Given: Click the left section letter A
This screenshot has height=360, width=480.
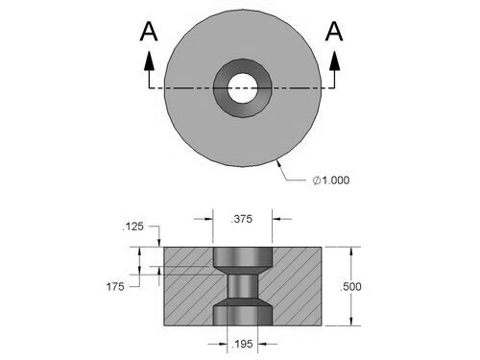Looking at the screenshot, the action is [149, 32].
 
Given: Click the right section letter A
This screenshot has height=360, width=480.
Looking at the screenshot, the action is [334, 32].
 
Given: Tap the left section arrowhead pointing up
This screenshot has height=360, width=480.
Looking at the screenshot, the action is [149, 60].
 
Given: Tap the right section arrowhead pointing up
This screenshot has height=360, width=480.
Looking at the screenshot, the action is [335, 60].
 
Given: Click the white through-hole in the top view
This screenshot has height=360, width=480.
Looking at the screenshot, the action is [243, 88].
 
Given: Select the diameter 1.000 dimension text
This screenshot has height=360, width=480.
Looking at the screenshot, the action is [331, 180].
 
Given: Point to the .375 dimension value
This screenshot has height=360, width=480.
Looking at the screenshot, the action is [242, 219].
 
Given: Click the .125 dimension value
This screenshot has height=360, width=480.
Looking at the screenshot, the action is [133, 227].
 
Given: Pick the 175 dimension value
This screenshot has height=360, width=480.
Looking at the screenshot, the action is [115, 287].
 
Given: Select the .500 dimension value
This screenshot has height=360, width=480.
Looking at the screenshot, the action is [350, 287].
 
